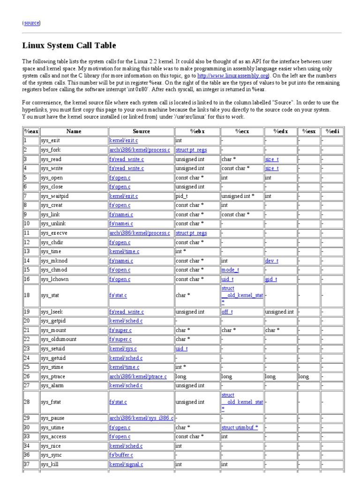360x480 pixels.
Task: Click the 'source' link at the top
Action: (31, 22)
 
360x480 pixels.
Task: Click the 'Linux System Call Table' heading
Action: (69, 45)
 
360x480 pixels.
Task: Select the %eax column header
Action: (30, 131)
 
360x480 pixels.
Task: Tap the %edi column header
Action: (332, 131)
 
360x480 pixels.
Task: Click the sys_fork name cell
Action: (50, 150)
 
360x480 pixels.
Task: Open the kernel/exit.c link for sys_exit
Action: (124, 140)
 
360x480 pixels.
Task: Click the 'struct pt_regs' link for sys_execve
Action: (191, 233)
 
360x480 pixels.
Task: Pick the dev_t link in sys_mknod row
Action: (271, 261)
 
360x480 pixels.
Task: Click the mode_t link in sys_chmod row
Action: (230, 270)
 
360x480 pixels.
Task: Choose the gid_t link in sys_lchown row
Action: (271, 279)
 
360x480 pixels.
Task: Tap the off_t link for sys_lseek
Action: (227, 312)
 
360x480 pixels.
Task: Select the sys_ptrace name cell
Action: (52, 376)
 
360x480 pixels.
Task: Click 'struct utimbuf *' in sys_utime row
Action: (240, 427)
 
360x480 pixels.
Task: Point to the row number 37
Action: (27, 464)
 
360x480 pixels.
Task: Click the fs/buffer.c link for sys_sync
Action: (121, 455)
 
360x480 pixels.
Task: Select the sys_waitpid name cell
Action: (54, 196)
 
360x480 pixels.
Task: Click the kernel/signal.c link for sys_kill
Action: (126, 464)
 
